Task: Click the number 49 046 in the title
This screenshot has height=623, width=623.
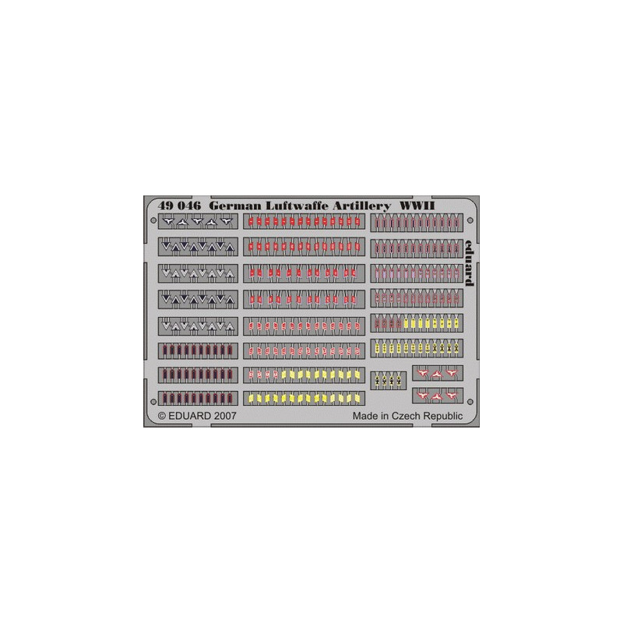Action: (179, 206)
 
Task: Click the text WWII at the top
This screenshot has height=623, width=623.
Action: (417, 206)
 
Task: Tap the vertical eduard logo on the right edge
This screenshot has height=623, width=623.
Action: (470, 263)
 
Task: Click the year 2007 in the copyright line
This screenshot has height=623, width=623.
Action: (225, 416)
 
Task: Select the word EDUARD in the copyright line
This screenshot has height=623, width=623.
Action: (189, 416)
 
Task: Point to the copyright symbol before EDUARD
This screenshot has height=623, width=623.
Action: (162, 416)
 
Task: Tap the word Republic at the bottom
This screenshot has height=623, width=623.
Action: (442, 417)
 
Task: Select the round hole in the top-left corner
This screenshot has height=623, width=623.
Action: (153, 220)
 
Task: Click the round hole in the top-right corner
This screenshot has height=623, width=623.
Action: (470, 220)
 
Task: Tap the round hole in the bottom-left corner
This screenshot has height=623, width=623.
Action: (153, 402)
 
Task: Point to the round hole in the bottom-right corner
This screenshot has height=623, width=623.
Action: (470, 402)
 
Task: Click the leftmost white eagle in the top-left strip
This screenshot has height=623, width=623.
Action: (168, 221)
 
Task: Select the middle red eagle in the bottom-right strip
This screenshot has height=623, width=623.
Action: (437, 396)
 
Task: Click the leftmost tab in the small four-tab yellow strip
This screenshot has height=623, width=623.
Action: (377, 380)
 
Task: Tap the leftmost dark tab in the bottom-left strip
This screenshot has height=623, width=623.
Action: (164, 398)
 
